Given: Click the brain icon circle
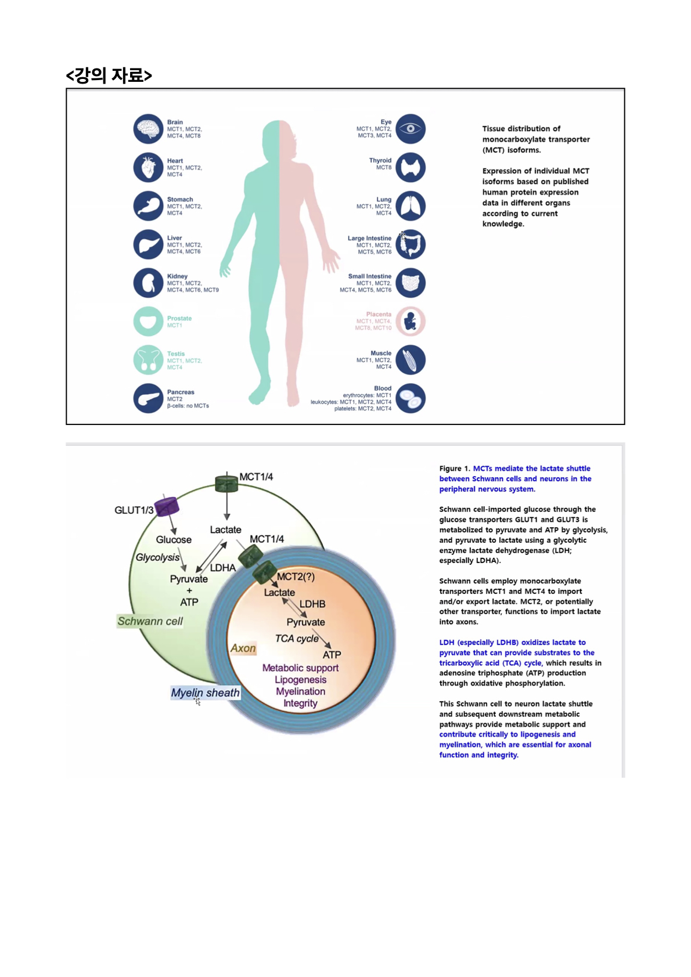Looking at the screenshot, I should click(148, 129).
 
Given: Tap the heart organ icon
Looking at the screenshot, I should click(148, 167).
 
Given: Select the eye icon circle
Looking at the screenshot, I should click(411, 129).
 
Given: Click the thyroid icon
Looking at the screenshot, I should click(411, 167).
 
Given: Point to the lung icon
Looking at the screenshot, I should click(411, 206).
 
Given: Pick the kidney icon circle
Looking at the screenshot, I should click(148, 283).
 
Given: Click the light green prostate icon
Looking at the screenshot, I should click(148, 322).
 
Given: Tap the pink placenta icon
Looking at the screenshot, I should click(411, 322).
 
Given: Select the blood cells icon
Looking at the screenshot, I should click(411, 398).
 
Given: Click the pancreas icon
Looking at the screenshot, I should click(148, 398).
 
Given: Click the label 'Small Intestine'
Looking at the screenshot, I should click(369, 276).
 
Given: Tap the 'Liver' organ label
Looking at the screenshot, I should click(174, 238).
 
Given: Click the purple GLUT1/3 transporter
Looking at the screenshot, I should click(167, 506).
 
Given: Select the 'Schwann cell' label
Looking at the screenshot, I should click(150, 621).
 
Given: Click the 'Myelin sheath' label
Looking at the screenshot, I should click(205, 693).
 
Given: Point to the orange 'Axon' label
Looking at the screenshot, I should click(243, 648).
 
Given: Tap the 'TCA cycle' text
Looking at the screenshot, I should click(297, 639).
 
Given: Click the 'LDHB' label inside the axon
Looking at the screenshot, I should click(312, 604).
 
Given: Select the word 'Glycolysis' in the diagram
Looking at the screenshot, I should click(157, 557).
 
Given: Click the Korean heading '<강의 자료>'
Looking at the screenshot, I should click(109, 75).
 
